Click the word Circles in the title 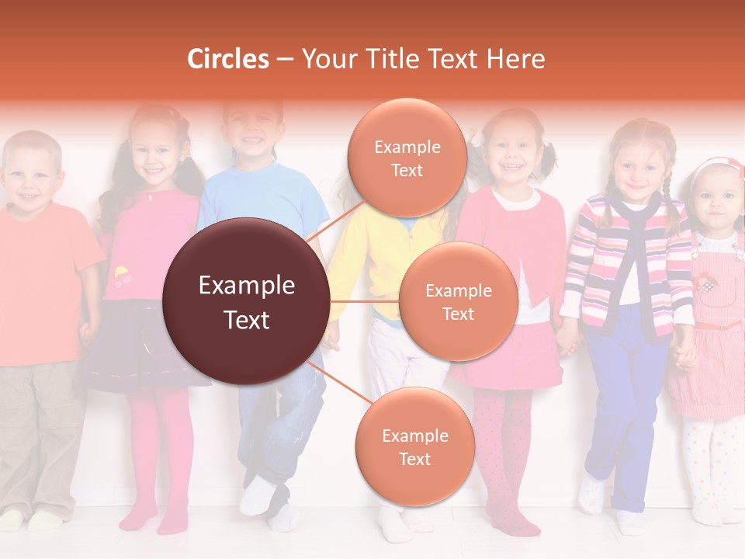point(228,59)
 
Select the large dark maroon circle point(247,301)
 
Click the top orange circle point(407,158)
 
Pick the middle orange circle point(458,301)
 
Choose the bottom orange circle point(414,446)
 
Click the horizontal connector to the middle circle point(365,301)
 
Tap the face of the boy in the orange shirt point(31,177)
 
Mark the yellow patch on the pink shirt point(121,273)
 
